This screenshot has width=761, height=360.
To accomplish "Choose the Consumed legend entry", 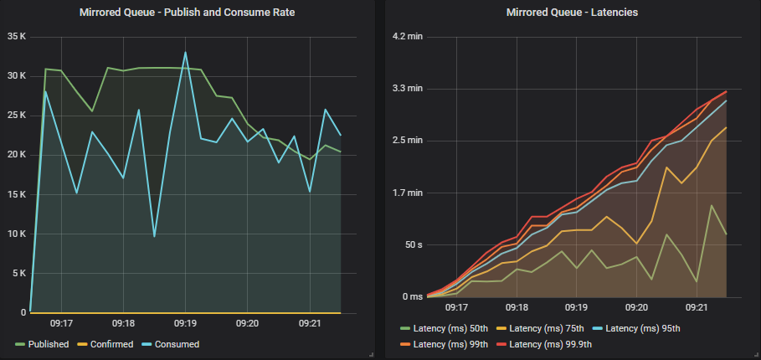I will tap(176, 344).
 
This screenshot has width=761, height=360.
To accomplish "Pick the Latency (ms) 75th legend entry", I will tap(542, 327).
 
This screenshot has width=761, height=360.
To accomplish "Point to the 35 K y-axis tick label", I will tap(17, 37).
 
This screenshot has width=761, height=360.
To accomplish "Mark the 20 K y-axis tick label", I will tap(17, 155).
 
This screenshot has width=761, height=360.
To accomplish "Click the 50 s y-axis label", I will tap(413, 244).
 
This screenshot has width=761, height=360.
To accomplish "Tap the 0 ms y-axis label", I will tap(411, 296).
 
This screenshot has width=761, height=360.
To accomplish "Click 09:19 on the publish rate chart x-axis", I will tap(185, 323).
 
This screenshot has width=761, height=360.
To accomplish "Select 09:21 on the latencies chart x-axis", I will tap(697, 307).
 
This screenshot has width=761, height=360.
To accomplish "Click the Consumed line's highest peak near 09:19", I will tap(186, 53).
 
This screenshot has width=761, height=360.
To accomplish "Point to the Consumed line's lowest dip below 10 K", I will tap(154, 236).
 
